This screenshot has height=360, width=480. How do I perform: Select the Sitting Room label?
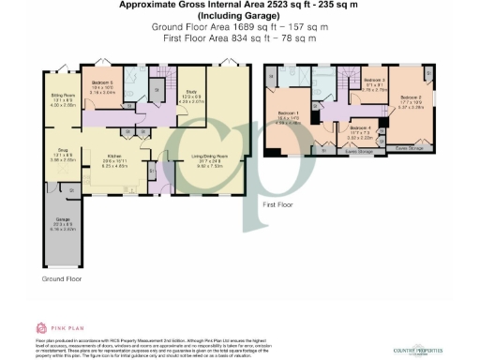[62, 97]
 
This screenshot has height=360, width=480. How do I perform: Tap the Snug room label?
[61, 156]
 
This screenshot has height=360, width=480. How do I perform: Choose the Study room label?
[190, 97]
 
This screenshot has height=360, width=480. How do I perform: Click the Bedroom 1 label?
[289, 115]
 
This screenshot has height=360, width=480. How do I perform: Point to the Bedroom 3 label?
[374, 85]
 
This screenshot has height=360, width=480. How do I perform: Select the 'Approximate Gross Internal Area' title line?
[240, 5]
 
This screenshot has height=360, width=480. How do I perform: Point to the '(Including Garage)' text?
[240, 16]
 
